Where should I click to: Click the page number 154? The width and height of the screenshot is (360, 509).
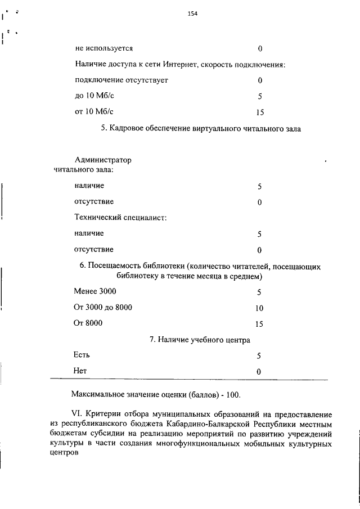[193, 12]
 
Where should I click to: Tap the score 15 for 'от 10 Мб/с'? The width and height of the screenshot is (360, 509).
[260, 112]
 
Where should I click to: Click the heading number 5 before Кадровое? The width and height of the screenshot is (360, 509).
[103, 129]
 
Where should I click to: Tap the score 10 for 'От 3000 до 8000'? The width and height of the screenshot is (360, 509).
[259, 308]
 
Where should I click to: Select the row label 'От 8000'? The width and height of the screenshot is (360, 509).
[88, 323]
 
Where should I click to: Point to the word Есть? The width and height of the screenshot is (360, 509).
[82, 355]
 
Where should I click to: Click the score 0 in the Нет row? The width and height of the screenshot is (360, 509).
[259, 372]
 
